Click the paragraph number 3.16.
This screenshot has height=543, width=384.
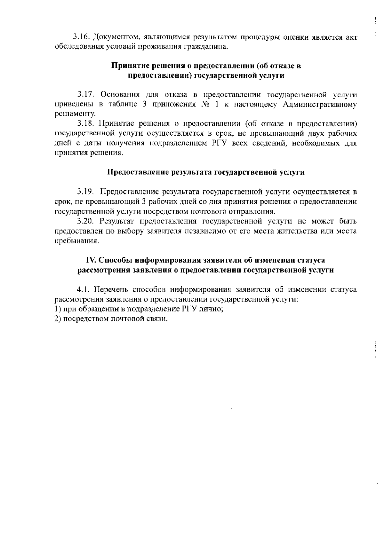click(x=81, y=37)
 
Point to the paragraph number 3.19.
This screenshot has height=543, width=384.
click(x=85, y=192)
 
